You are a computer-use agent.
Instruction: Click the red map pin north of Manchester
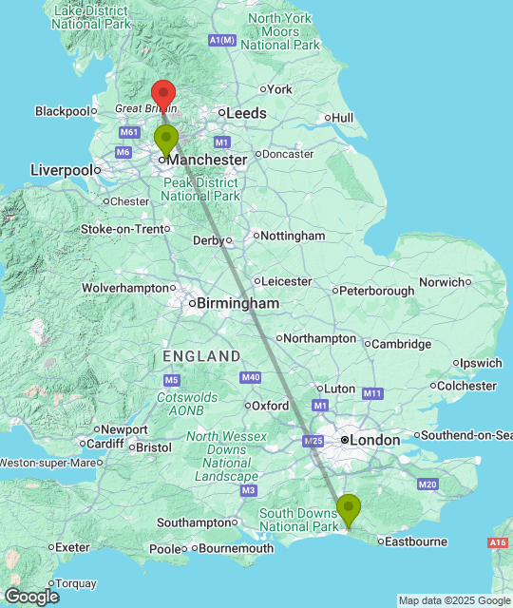(x=163, y=94)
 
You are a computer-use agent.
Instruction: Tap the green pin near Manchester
(x=166, y=139)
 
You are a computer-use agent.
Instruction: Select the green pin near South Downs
(x=349, y=508)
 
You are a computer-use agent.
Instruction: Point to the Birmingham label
(x=237, y=304)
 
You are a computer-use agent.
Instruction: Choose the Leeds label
(x=245, y=113)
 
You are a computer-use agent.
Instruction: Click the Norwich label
(x=440, y=281)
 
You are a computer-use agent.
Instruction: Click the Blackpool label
(x=62, y=111)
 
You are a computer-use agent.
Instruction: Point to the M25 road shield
(x=313, y=441)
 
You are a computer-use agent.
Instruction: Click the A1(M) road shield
(x=221, y=40)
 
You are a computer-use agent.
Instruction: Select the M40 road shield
(x=251, y=377)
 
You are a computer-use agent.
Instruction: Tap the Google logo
(x=30, y=596)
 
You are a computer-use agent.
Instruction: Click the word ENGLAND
(x=201, y=356)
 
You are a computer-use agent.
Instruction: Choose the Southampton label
(x=196, y=522)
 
